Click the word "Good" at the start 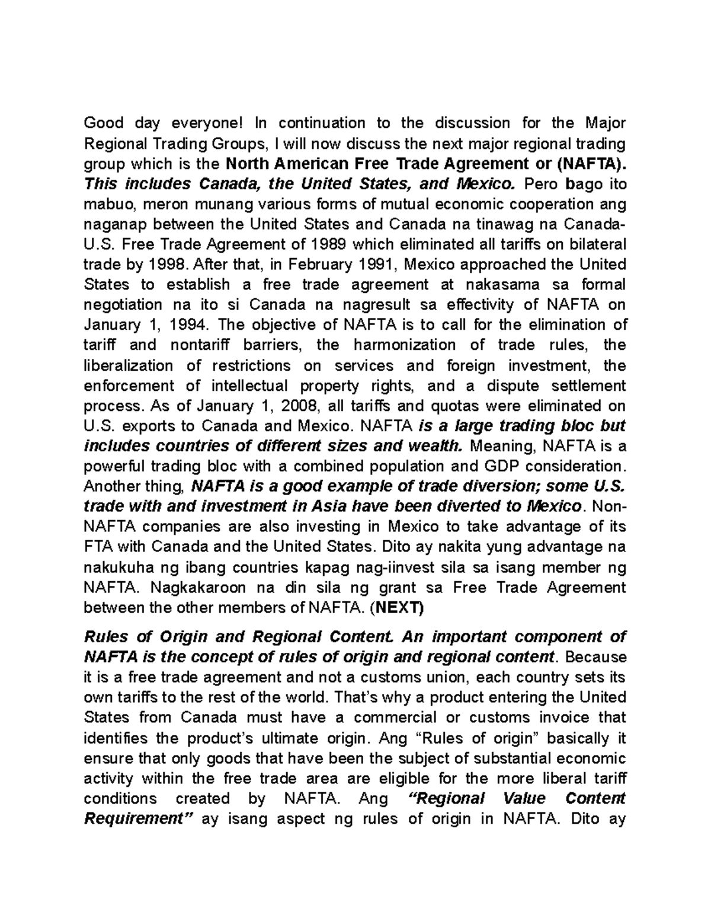[x=104, y=123]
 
